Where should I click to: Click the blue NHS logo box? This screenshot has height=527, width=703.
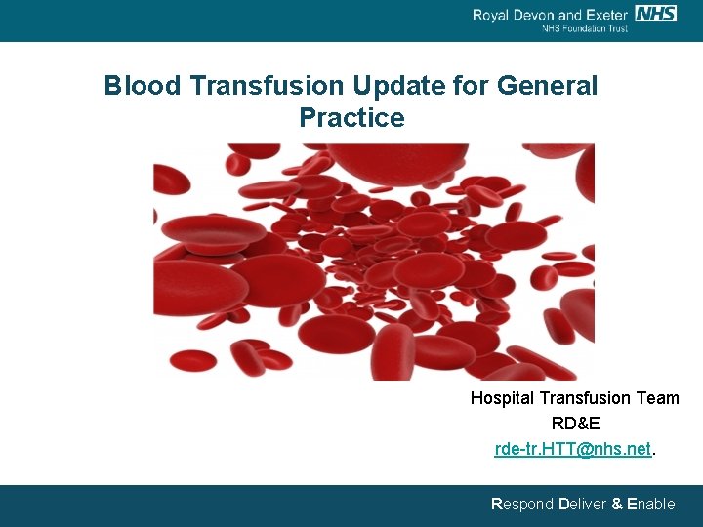click(x=655, y=13)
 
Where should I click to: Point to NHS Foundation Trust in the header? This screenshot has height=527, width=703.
click(x=585, y=28)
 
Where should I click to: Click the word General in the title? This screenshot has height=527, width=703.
click(x=547, y=86)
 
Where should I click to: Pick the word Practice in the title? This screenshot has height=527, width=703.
click(x=351, y=118)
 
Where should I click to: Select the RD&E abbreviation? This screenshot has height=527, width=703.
click(x=575, y=424)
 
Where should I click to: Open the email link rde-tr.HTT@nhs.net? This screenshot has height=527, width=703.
click(x=572, y=449)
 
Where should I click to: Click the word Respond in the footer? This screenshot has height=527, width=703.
click(x=521, y=505)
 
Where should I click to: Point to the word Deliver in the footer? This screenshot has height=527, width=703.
click(x=582, y=505)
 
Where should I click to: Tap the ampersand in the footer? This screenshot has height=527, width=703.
click(x=617, y=505)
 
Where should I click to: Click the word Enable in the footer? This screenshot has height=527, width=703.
click(x=651, y=505)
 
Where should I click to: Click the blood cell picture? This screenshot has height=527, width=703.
click(x=374, y=262)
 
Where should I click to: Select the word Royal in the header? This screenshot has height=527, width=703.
click(x=493, y=14)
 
